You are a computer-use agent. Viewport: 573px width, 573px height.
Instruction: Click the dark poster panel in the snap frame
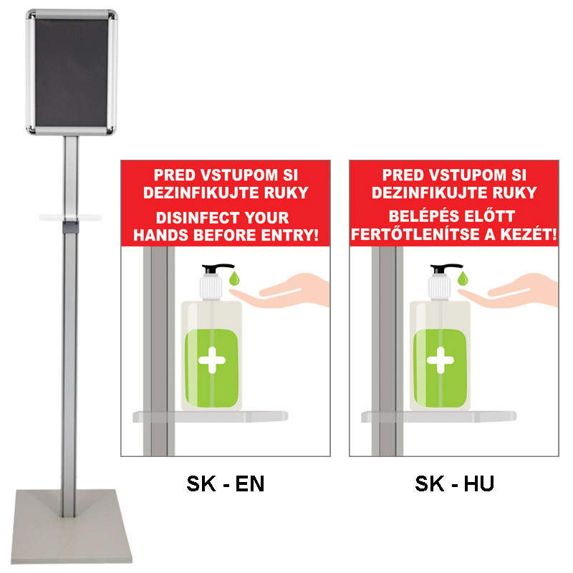[x=72, y=72]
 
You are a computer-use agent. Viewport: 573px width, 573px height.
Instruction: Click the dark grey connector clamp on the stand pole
[x=70, y=227]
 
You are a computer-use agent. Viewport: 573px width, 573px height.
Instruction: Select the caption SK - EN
[x=225, y=484]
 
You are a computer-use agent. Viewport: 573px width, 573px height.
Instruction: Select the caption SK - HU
[x=454, y=484]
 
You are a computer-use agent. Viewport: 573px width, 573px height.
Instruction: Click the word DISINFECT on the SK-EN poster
[x=198, y=218]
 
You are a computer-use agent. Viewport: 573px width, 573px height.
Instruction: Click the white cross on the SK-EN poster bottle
[x=212, y=360]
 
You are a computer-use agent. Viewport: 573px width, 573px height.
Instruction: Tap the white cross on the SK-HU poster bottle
[x=440, y=360]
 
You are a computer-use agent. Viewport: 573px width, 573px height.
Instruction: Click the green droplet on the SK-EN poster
[x=234, y=279]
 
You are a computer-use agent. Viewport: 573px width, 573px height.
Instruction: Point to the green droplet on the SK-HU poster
[x=463, y=279]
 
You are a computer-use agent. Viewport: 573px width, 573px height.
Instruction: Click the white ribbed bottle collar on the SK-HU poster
[x=439, y=287]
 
